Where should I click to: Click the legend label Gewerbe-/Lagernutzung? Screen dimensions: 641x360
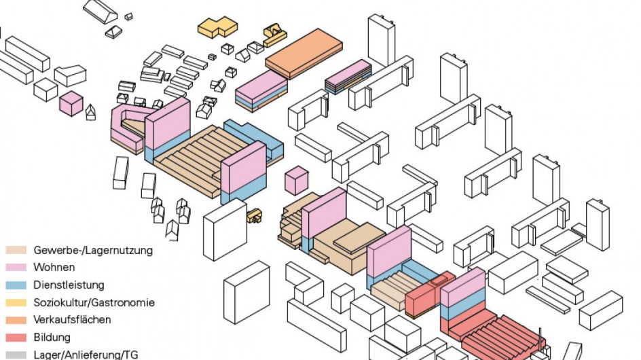point(93,251)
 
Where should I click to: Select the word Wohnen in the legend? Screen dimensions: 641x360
point(54,268)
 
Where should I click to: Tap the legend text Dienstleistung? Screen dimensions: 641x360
point(69,285)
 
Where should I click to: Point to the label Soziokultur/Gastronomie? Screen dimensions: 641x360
point(94,303)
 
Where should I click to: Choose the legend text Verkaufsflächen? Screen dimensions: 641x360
point(72,320)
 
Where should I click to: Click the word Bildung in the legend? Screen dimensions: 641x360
point(52,338)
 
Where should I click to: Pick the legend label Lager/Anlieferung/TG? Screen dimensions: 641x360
point(86,355)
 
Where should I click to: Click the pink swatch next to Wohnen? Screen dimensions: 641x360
point(16,268)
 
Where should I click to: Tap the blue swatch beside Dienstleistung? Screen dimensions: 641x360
point(16,285)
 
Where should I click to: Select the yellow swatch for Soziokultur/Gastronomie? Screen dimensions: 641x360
point(16,303)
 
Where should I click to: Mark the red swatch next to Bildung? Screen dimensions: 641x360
point(16,338)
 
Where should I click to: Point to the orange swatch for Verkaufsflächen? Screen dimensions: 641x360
point(16,320)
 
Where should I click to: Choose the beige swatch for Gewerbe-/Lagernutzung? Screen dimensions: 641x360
point(16,250)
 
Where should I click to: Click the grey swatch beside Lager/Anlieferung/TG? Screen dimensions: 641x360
point(16,355)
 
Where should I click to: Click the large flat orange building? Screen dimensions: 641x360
point(304,53)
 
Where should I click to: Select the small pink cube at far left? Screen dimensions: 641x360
point(71,103)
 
